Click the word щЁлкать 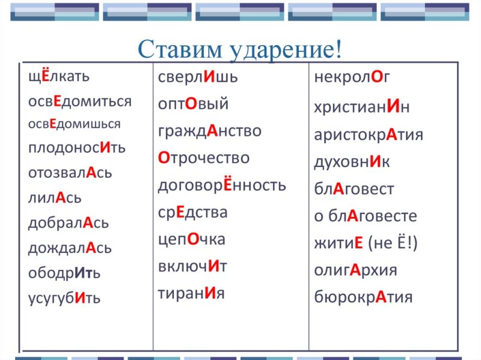pos(58,77)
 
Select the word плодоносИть pos(76,148)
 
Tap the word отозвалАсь pos(70,173)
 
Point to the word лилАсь pos(54,198)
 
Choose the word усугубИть pos(64,297)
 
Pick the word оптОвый pos(193,104)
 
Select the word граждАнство pos(209,131)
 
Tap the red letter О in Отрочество pos(164,158)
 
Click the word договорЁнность pos(222,185)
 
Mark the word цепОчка pos(191,239)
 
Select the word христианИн pos(362,107)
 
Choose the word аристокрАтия pos(368,135)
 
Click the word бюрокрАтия pos(363,297)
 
